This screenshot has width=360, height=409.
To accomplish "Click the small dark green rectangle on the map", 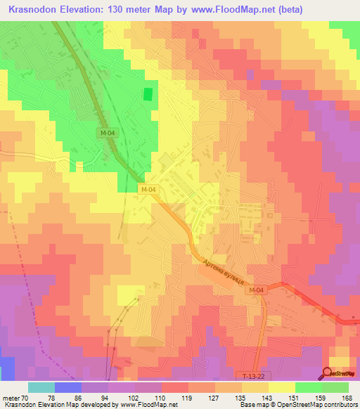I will [x=148, y=94].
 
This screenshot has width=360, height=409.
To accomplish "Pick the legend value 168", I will [x=347, y=397].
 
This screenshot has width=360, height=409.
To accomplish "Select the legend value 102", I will [x=135, y=397].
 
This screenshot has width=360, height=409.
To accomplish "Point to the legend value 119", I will [x=188, y=397].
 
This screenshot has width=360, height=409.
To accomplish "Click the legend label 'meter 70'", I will [x=15, y=397].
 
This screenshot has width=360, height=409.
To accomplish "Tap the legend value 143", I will [x=268, y=397].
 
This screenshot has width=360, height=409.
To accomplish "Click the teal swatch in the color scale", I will [x=41, y=387].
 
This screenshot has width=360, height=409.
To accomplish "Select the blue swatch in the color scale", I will [x=68, y=387].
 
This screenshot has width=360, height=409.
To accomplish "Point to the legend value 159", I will [x=321, y=397].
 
